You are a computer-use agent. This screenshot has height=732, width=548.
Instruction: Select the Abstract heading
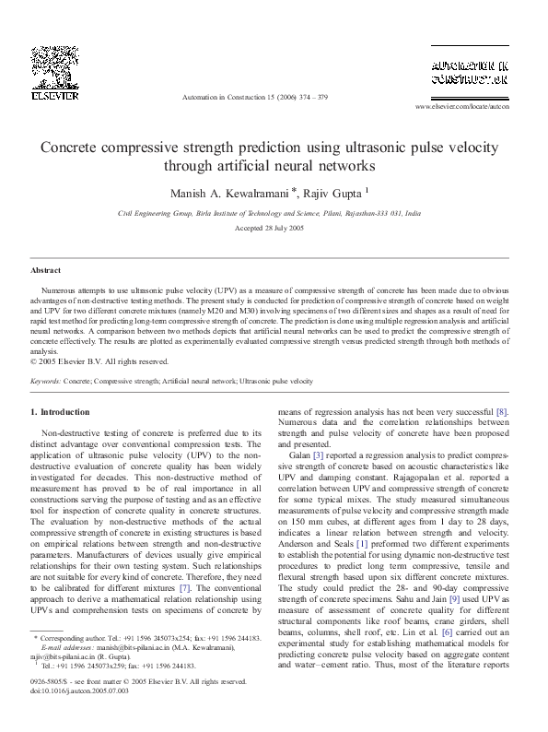[x=46, y=270]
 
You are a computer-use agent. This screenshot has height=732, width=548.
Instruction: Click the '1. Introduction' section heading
[x=60, y=411]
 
